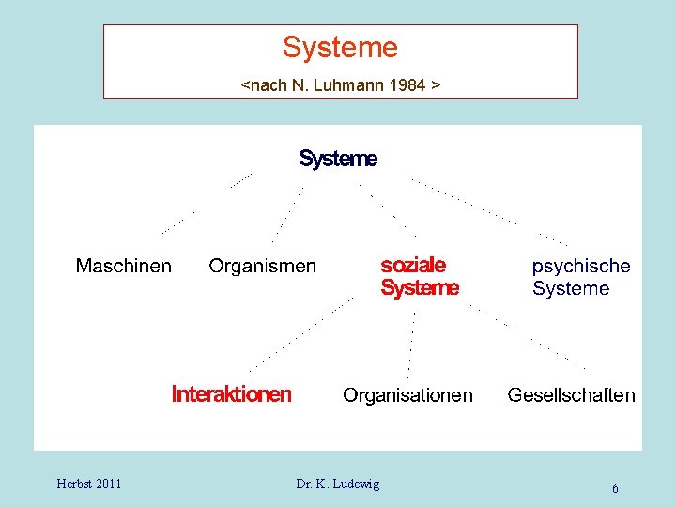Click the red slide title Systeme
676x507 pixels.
point(340,47)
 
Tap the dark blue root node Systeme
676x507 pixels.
point(338,160)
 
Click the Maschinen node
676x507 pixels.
point(124,266)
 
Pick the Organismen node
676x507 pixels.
point(262,267)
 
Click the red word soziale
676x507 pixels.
point(413,266)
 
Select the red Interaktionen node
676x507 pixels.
point(231,394)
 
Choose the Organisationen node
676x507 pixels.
point(407,395)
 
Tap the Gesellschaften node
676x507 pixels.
point(571,395)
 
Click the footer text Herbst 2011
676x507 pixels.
point(88,484)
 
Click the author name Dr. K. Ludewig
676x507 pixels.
point(338,484)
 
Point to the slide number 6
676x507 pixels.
point(615,488)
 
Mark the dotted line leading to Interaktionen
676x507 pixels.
point(300,333)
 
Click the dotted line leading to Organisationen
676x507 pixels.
point(412,338)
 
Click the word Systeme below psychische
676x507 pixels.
point(571,289)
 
